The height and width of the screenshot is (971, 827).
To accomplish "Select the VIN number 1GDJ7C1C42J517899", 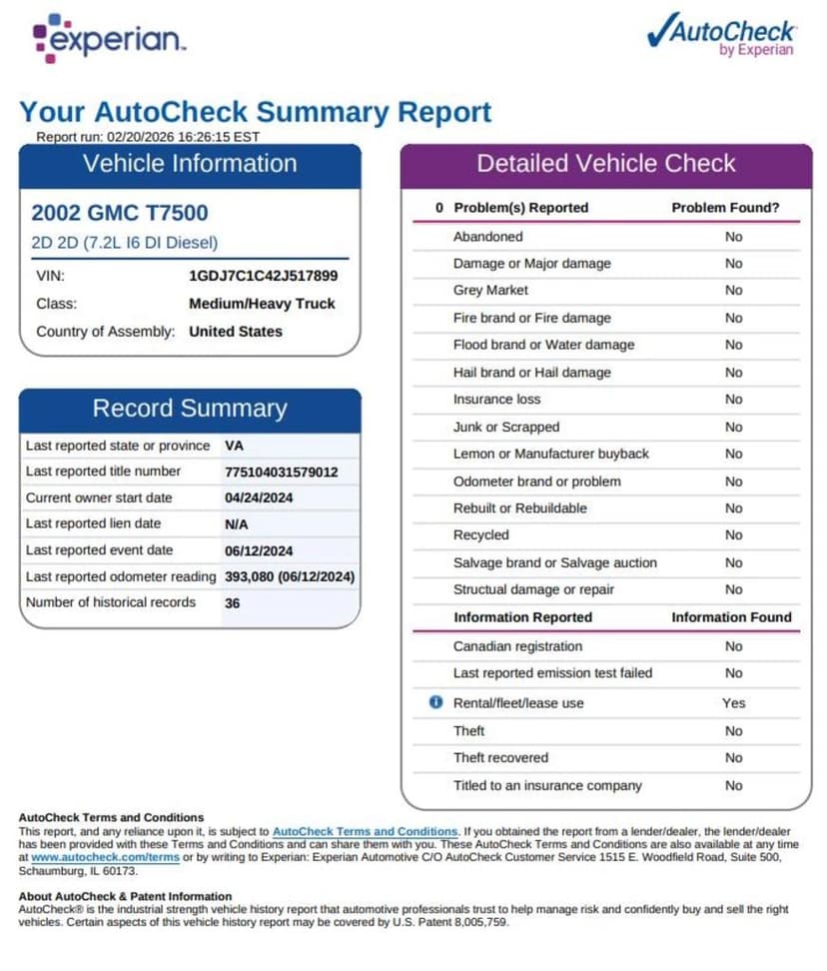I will [263, 276].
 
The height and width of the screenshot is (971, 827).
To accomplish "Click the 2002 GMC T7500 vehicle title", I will [120, 213].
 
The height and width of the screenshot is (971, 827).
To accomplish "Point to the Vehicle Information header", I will [190, 164].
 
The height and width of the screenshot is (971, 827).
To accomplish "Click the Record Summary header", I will [190, 409].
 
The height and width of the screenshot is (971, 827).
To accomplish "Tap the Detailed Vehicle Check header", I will [606, 164].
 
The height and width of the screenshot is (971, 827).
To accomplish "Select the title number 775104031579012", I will [282, 472].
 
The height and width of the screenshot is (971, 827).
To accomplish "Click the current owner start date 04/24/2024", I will [259, 497].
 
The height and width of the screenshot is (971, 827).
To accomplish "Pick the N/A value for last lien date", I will [238, 523].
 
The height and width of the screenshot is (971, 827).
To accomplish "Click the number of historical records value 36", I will [233, 603].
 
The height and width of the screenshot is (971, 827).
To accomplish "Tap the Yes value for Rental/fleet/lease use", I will [734, 703].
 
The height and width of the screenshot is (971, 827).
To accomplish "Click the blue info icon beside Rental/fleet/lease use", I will [435, 702].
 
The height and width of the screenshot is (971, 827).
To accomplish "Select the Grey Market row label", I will [490, 291].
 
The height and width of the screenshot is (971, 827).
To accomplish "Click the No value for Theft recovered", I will [734, 758].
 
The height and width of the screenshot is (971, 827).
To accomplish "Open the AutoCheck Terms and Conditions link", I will [365, 831].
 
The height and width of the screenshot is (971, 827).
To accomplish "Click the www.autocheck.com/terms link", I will [105, 857].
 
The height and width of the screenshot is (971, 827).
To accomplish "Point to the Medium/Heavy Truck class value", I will [262, 304].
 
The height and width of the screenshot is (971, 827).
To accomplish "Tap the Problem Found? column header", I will [725, 208].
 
